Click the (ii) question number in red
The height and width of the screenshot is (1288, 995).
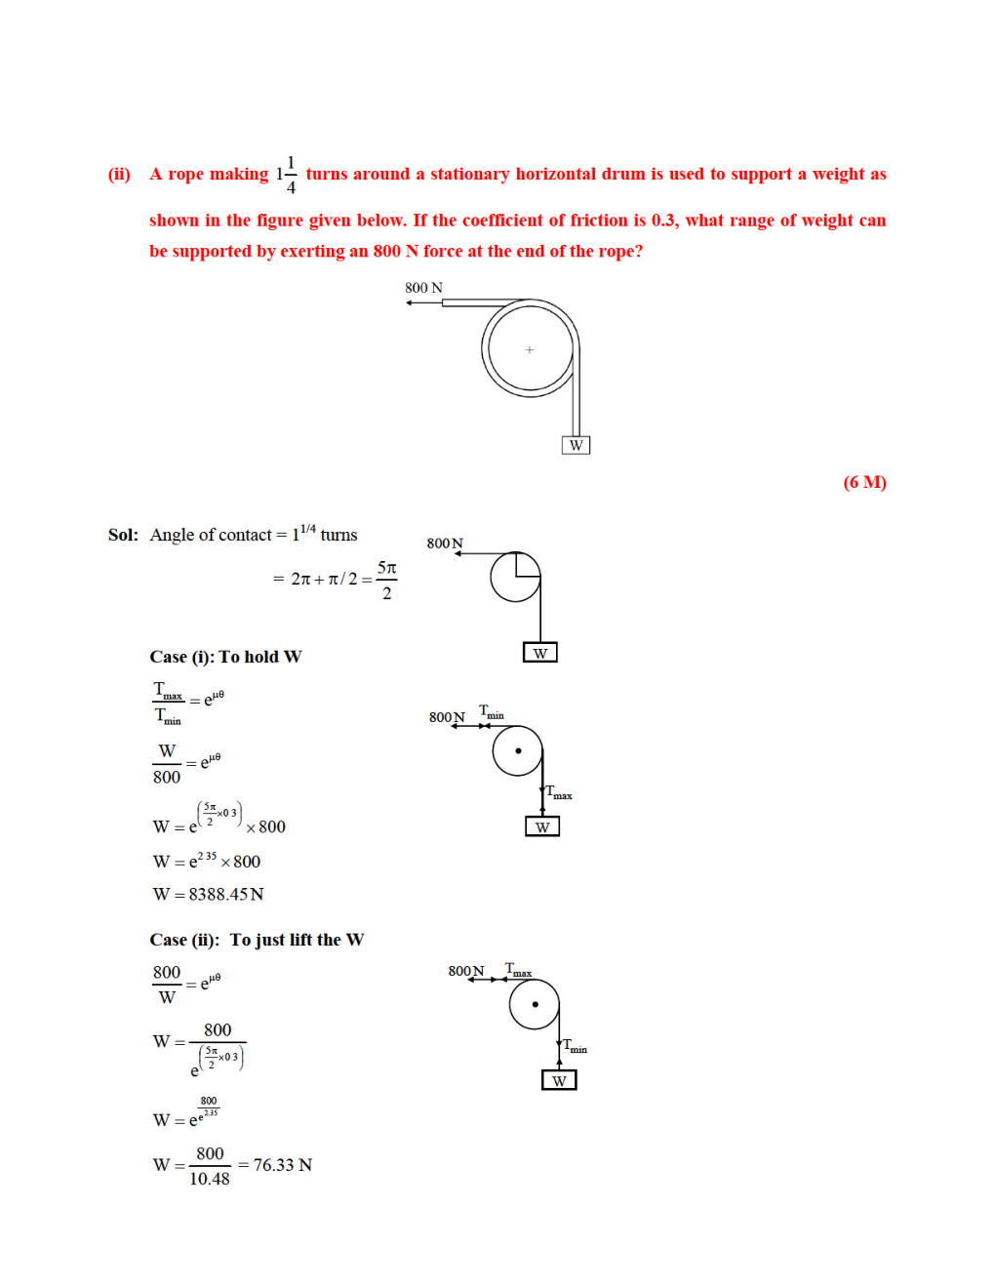pos(119,175)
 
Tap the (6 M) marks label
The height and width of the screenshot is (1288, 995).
pos(864,482)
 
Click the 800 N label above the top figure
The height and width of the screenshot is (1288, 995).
pos(423,288)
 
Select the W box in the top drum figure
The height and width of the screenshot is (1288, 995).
pos(577,445)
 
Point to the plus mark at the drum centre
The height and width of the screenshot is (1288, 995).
pos(530,349)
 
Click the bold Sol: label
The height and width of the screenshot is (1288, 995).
pos(123,535)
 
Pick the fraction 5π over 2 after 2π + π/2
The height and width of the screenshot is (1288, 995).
pos(386,580)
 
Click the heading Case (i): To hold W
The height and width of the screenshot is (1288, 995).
pos(225,657)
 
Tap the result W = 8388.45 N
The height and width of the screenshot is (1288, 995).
pos(208,894)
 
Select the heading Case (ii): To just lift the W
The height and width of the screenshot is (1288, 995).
pos(257,940)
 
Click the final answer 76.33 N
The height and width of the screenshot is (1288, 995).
pos(282,1165)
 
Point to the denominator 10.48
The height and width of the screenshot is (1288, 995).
pos(210,1179)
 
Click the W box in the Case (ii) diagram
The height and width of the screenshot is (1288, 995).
pos(559,1080)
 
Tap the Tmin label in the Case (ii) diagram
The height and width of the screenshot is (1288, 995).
pos(575,1046)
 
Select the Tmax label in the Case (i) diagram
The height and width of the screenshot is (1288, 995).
pos(559,792)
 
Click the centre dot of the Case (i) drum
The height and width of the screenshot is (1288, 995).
pos(518,750)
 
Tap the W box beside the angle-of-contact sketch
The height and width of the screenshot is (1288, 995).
pos(540,653)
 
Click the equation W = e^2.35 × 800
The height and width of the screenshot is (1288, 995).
pos(207,862)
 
